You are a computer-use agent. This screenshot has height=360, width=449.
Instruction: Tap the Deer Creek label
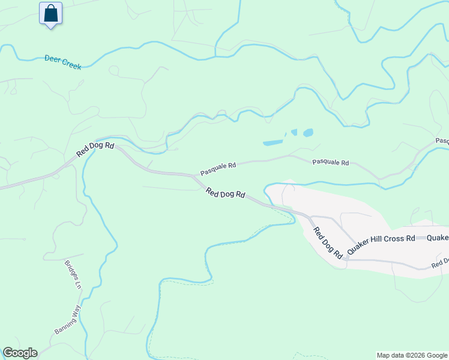(x=63, y=62)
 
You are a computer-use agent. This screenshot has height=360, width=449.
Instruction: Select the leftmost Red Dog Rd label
(x=95, y=150)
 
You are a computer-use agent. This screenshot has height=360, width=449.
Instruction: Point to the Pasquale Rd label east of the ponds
(x=330, y=163)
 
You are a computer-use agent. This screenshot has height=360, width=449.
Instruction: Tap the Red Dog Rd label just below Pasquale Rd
(x=226, y=193)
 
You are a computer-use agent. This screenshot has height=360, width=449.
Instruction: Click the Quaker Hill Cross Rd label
(x=381, y=238)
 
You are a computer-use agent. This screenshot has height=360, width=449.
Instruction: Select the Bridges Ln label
(x=73, y=274)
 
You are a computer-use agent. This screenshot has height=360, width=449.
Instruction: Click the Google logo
(x=20, y=353)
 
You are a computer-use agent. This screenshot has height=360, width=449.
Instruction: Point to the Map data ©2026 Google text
(x=412, y=355)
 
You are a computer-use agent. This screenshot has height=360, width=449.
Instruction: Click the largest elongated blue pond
(x=273, y=143)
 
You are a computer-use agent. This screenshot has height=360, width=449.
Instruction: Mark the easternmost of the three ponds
(x=308, y=133)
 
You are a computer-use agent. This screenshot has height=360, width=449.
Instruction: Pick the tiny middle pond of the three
(x=294, y=132)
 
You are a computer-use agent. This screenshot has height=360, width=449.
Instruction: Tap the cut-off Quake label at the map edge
(x=439, y=238)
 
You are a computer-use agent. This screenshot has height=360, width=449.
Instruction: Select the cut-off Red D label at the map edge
(x=440, y=263)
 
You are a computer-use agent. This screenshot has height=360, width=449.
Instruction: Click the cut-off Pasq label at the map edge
(x=442, y=141)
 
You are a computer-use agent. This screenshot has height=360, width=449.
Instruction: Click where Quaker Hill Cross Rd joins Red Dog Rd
(x=346, y=259)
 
